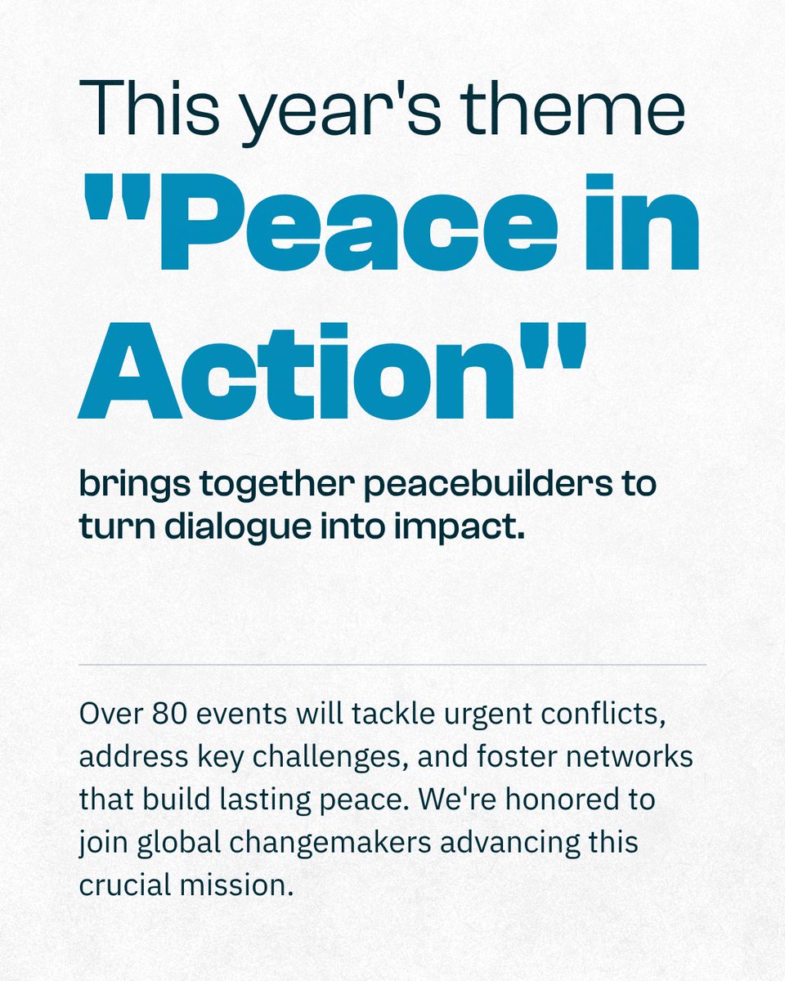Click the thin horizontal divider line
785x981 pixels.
click(x=392, y=665)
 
